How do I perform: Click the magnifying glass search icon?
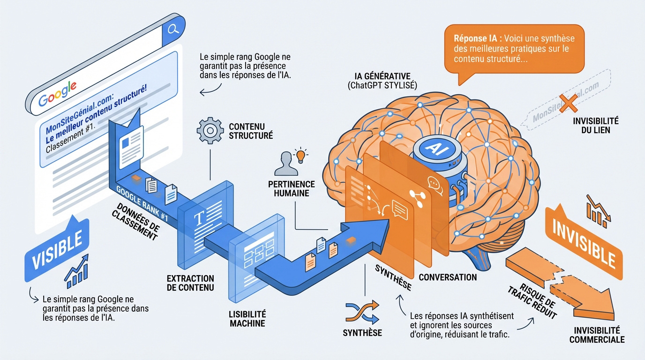pos(173,30)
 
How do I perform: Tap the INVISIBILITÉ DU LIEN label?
pos(595,125)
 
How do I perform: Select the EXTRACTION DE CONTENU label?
pos(190,283)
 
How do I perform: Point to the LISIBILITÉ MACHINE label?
pos(247,318)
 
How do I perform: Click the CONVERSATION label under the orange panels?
pos(448,277)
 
